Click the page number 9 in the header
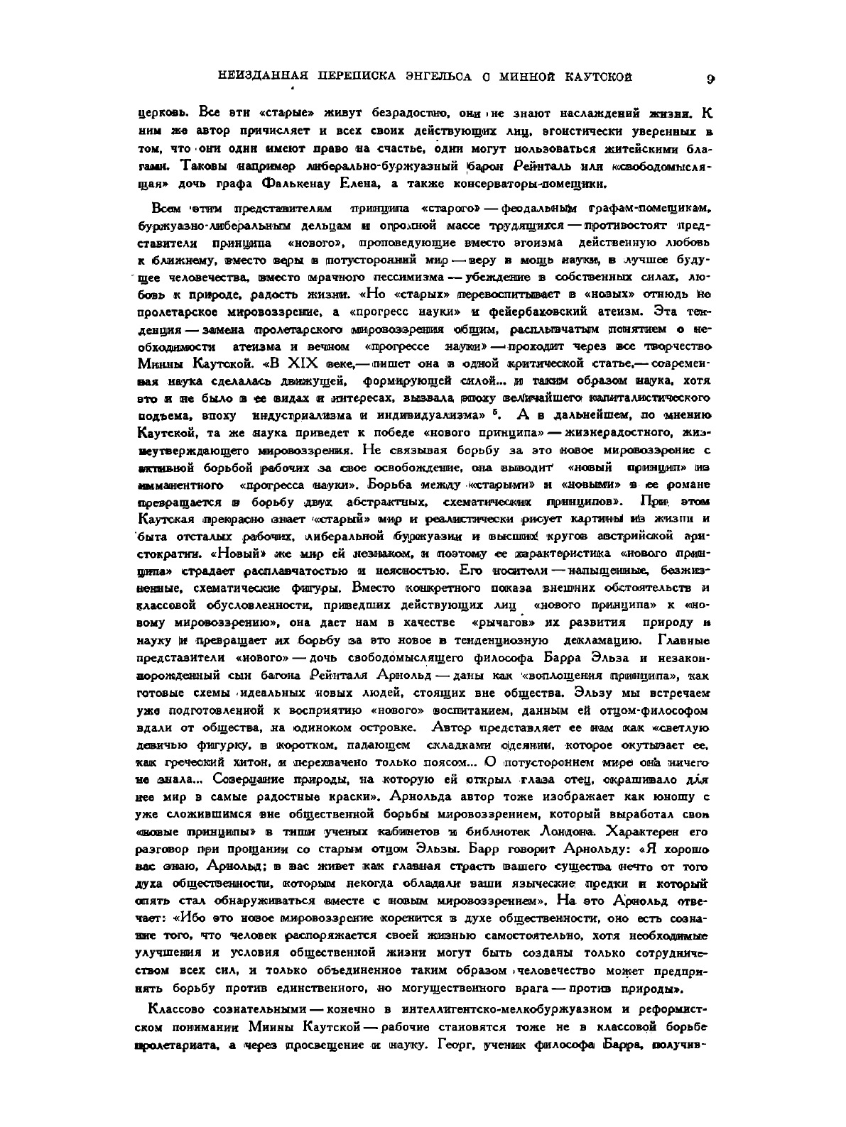(710, 79)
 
